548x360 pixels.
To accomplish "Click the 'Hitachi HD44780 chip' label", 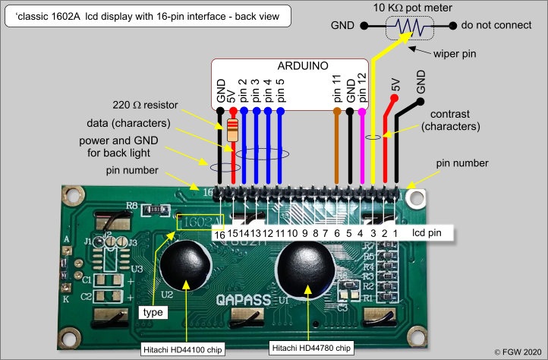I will [x=311, y=348].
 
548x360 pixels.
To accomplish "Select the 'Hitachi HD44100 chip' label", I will [x=182, y=349].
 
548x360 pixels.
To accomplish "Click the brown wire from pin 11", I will [x=337, y=148].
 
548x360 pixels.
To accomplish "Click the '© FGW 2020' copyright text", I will [x=519, y=352].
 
